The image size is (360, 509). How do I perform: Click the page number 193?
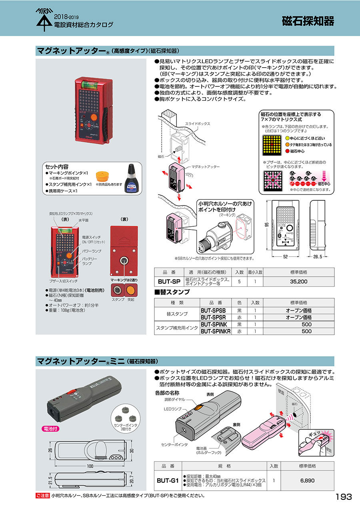(x=344, y=497)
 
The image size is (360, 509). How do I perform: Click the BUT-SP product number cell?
(x=169, y=281)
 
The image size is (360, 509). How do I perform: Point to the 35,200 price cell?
(x=299, y=281)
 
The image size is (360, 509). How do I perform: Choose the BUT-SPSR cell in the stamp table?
(x=215, y=317)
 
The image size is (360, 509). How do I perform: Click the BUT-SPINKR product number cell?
(x=215, y=331)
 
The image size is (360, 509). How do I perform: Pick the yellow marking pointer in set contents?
(x=103, y=176)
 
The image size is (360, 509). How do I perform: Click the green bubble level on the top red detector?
(x=88, y=84)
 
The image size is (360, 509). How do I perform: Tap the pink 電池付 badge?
(x=51, y=428)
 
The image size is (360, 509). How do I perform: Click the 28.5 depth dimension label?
(x=318, y=257)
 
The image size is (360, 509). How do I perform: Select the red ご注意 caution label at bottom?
(x=42, y=496)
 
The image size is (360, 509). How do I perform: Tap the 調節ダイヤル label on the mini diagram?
(x=175, y=399)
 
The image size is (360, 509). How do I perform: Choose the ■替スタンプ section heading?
(x=172, y=292)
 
